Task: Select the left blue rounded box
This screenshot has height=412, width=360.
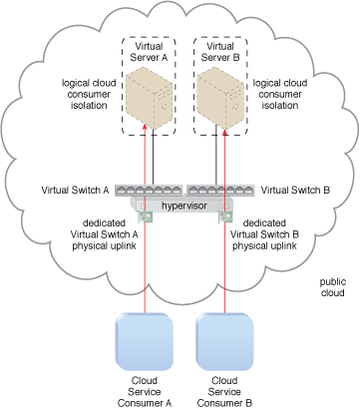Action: click(x=146, y=342)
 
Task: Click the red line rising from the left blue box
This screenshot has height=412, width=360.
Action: click(x=147, y=269)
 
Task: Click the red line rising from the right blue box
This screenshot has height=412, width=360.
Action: click(x=227, y=269)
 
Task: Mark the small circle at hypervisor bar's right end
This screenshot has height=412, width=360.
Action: click(x=233, y=205)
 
